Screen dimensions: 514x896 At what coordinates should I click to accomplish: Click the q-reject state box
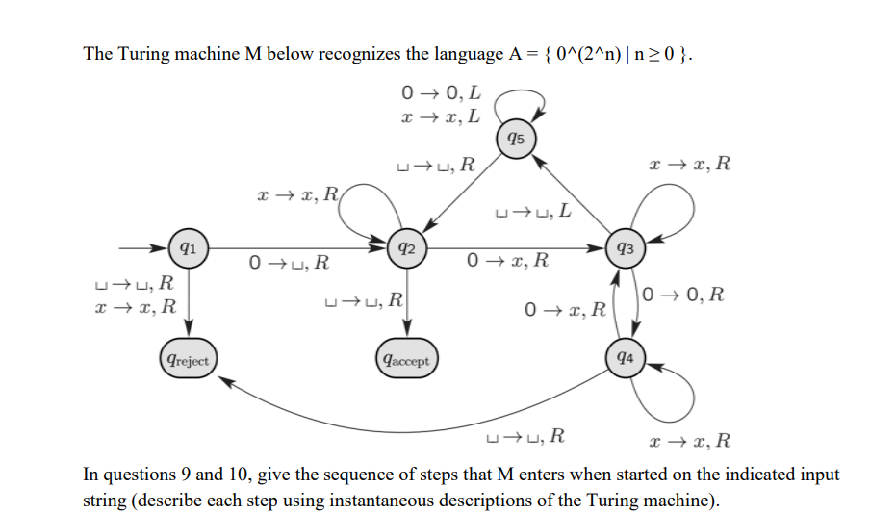(188, 359)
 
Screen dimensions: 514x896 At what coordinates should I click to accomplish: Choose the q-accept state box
(406, 361)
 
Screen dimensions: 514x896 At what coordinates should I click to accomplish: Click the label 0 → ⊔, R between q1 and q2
(289, 261)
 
